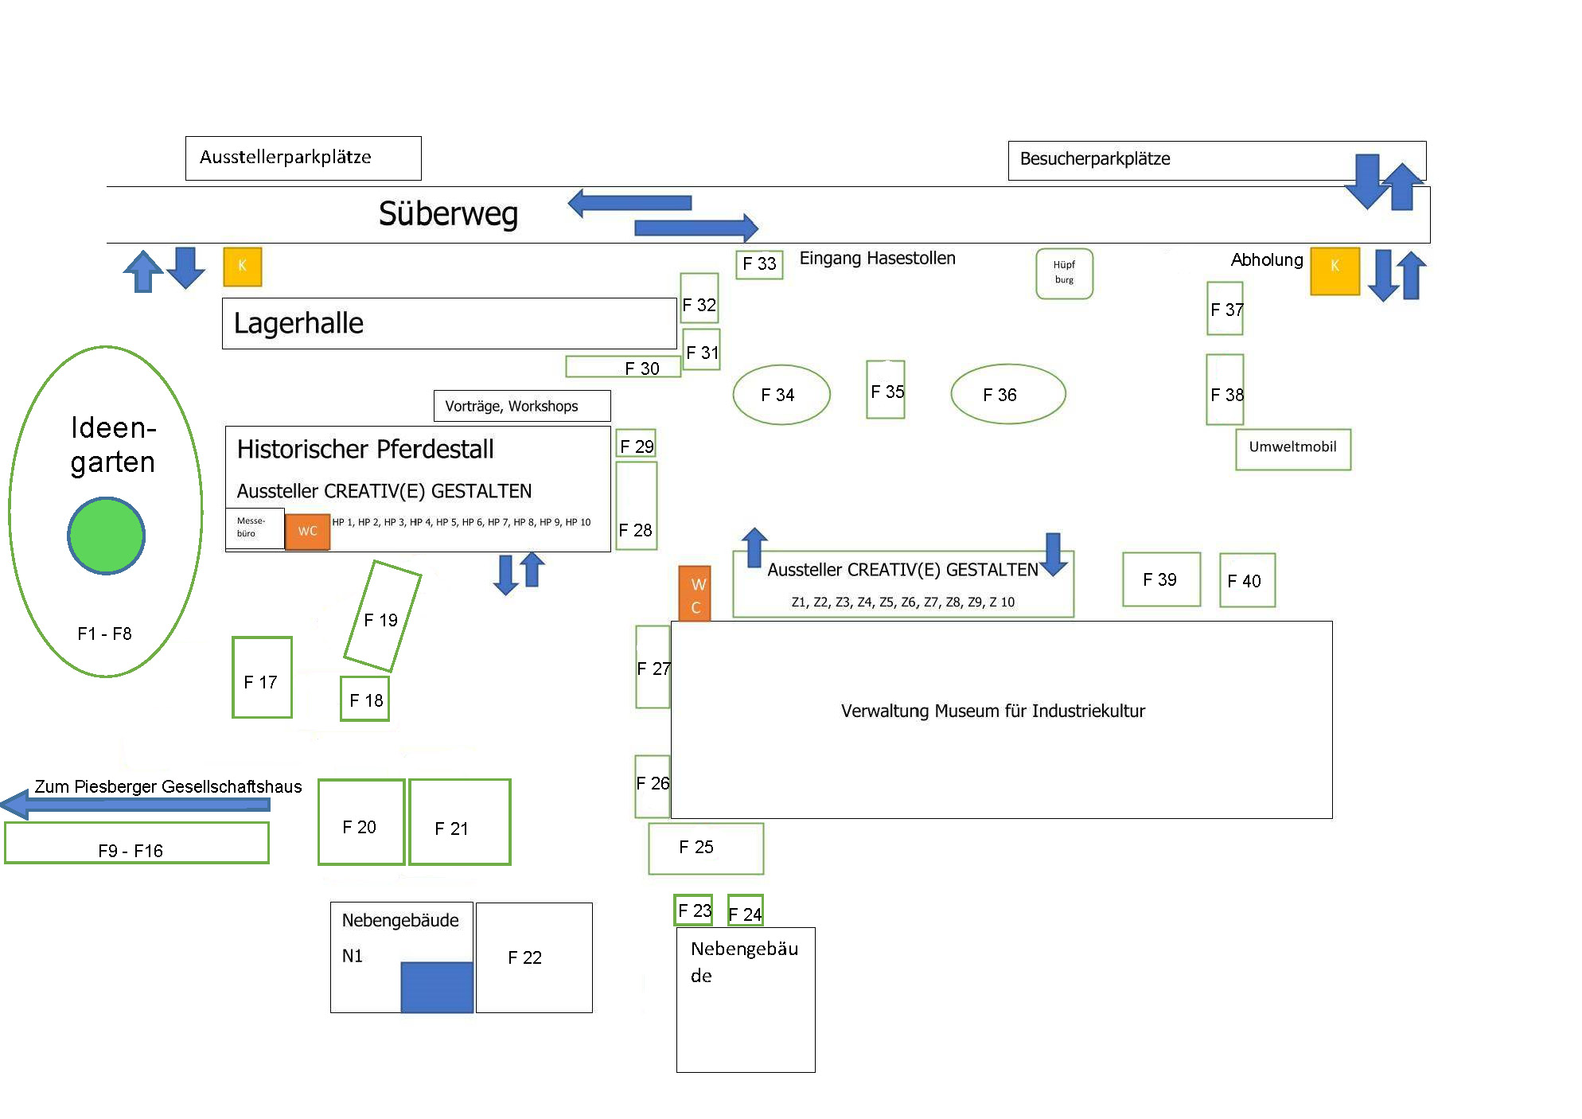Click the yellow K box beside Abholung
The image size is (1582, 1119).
pos(1335,271)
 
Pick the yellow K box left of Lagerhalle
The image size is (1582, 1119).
pos(243,267)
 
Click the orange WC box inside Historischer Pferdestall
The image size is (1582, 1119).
pos(307,532)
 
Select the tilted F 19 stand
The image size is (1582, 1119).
pos(383,616)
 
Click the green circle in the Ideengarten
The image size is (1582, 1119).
pos(107,536)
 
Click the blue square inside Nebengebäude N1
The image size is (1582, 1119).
pos(437,987)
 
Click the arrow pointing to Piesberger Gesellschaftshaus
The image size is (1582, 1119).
pos(135,805)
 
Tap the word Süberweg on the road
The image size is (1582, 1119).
pos(448,214)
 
